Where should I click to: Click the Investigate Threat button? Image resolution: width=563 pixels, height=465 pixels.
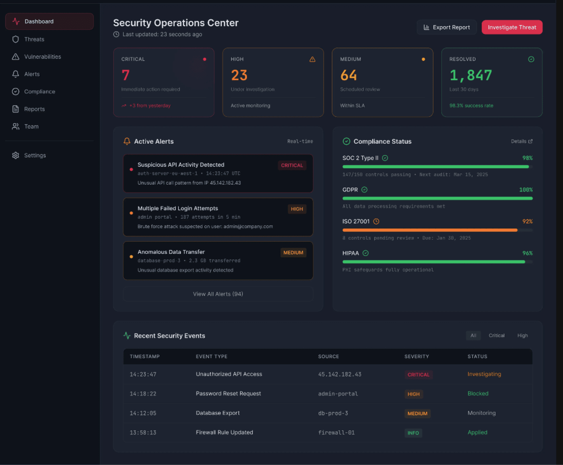click(512, 27)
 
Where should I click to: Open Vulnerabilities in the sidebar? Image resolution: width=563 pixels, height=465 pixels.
click(42, 57)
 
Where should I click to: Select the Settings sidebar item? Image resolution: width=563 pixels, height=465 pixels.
click(35, 155)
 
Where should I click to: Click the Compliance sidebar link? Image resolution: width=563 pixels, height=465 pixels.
click(39, 92)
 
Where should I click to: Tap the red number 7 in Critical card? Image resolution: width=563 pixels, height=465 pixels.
click(126, 75)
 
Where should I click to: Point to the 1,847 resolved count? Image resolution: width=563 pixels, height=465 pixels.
click(470, 75)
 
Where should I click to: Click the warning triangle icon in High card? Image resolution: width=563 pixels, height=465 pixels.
click(312, 59)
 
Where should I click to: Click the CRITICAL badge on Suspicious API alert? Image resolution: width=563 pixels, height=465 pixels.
click(292, 165)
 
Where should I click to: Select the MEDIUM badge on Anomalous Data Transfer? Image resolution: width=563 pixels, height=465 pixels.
click(293, 253)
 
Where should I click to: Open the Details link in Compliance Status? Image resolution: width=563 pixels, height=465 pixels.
click(521, 141)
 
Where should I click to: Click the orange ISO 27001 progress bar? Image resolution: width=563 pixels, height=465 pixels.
click(430, 230)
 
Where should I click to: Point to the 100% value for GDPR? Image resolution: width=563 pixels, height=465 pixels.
click(526, 190)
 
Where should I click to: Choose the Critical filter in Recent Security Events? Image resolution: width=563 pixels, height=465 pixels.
click(496, 335)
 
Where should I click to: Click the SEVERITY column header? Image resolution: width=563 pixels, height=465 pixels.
click(416, 357)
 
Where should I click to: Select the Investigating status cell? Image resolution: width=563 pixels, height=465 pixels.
click(484, 374)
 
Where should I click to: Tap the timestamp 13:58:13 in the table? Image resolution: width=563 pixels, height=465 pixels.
click(143, 432)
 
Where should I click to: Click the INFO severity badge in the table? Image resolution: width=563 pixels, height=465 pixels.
click(413, 433)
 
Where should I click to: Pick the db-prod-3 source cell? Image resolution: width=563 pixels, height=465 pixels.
click(333, 413)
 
